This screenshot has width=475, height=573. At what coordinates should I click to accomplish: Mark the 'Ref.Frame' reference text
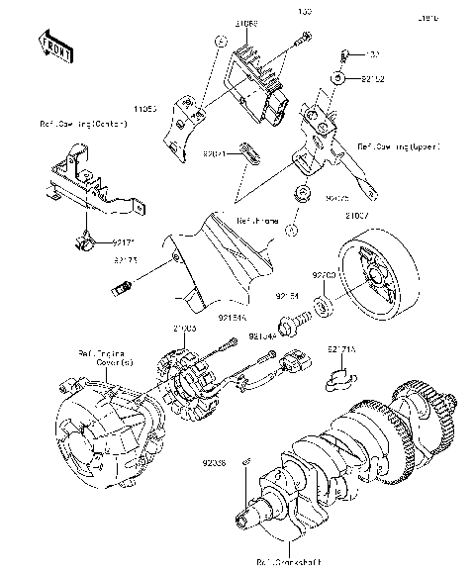coord(256,220)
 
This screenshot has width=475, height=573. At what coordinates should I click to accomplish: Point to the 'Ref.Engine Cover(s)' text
coord(98,358)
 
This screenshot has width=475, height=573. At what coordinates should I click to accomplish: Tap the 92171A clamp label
coord(340,349)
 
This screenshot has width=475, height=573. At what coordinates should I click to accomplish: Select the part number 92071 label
coord(219,154)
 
